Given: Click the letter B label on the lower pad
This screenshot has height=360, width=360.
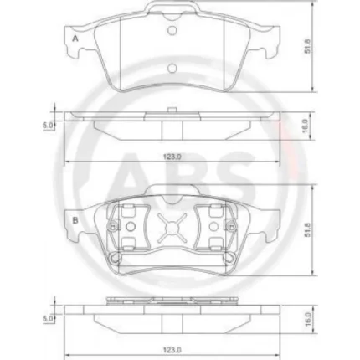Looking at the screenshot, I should [76, 221].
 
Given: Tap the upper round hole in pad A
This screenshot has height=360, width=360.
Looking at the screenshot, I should [172, 31].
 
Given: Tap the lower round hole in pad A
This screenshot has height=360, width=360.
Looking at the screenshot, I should [172, 69].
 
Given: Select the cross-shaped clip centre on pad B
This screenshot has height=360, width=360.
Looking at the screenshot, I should [171, 228].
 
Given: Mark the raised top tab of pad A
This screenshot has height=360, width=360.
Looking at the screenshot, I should [172, 11].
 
